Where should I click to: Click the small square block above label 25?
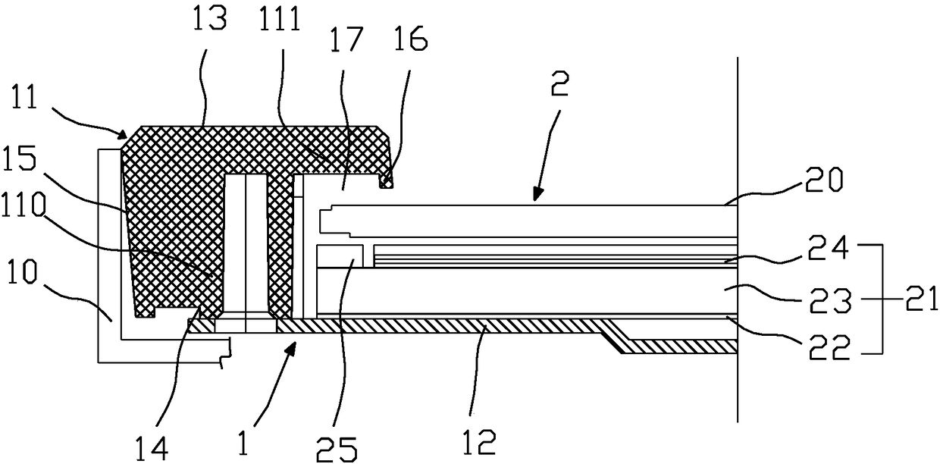pyautogui.click(x=340, y=256)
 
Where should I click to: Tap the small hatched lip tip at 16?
pyautogui.click(x=388, y=181)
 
